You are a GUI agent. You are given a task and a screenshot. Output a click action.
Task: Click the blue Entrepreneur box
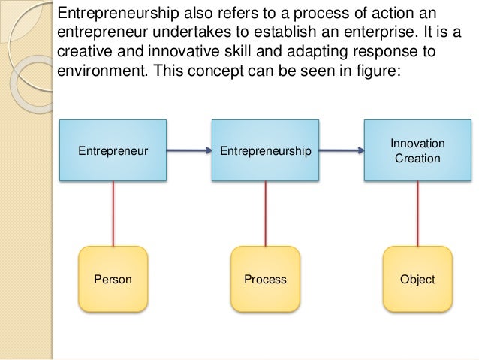[113, 150]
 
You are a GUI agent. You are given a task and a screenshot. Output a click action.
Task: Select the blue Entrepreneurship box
[265, 150]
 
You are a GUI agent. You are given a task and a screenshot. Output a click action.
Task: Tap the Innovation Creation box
[417, 150]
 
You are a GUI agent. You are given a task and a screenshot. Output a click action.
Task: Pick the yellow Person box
[113, 280]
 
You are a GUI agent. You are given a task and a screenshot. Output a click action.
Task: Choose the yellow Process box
[265, 280]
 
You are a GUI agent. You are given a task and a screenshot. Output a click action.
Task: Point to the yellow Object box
[417, 280]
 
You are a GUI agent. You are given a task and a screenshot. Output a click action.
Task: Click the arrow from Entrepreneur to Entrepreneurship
[188, 151]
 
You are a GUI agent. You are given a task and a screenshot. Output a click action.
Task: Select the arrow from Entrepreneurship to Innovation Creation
[340, 151]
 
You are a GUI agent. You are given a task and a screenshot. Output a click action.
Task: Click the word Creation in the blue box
[417, 159]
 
